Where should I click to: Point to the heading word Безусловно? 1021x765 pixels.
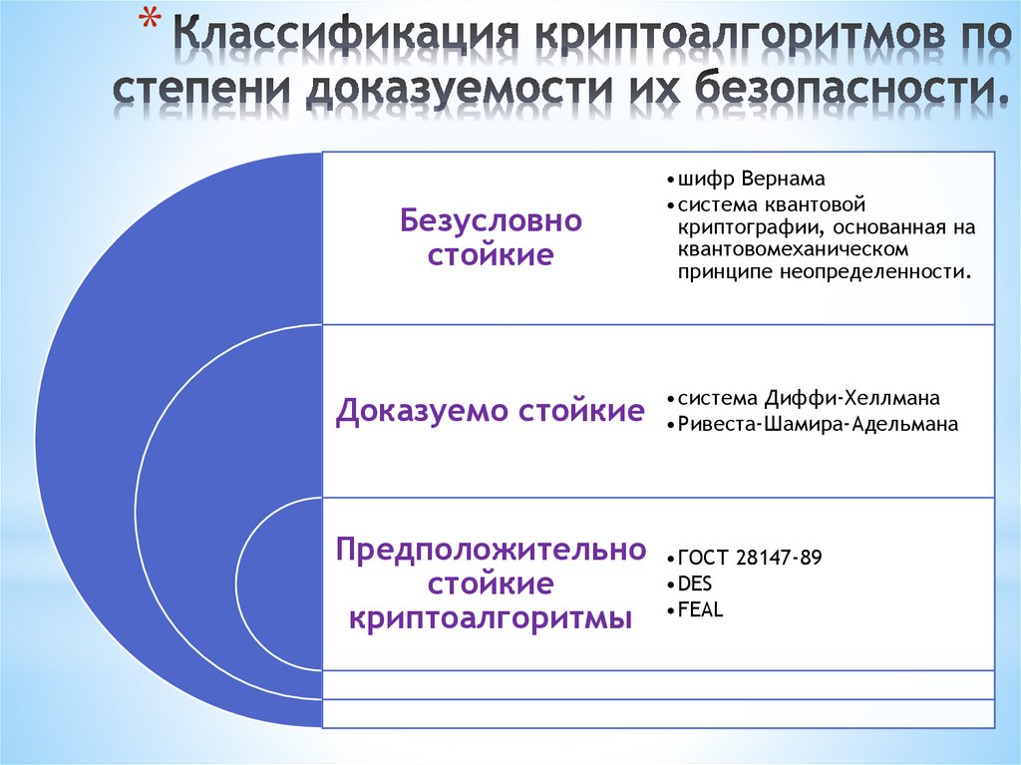pyautogui.click(x=491, y=220)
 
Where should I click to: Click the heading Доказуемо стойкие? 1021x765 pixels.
pyautogui.click(x=490, y=411)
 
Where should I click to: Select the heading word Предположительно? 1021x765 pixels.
pyautogui.click(x=490, y=548)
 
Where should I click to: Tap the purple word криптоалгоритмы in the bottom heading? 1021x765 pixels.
pyautogui.click(x=490, y=617)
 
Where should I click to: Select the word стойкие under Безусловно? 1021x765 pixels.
pyautogui.click(x=491, y=254)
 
